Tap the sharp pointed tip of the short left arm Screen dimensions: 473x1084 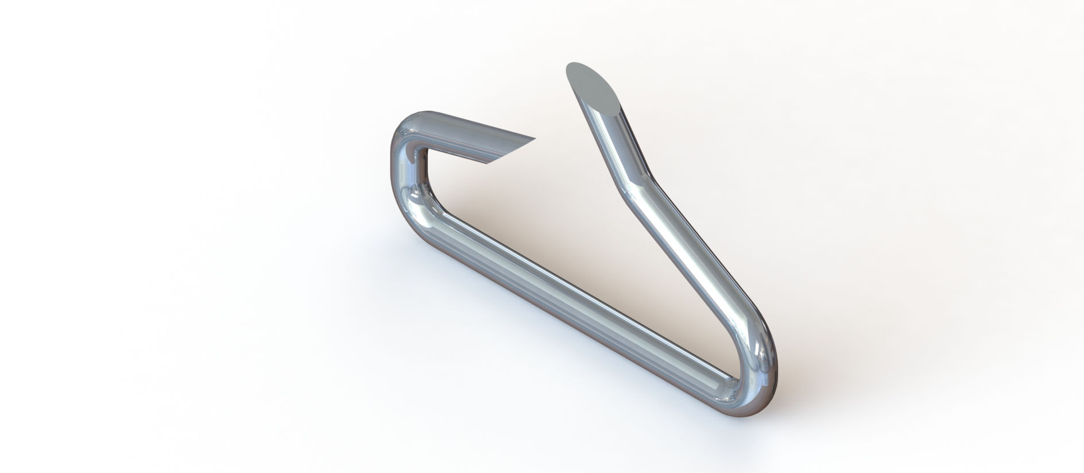point(536,138)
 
